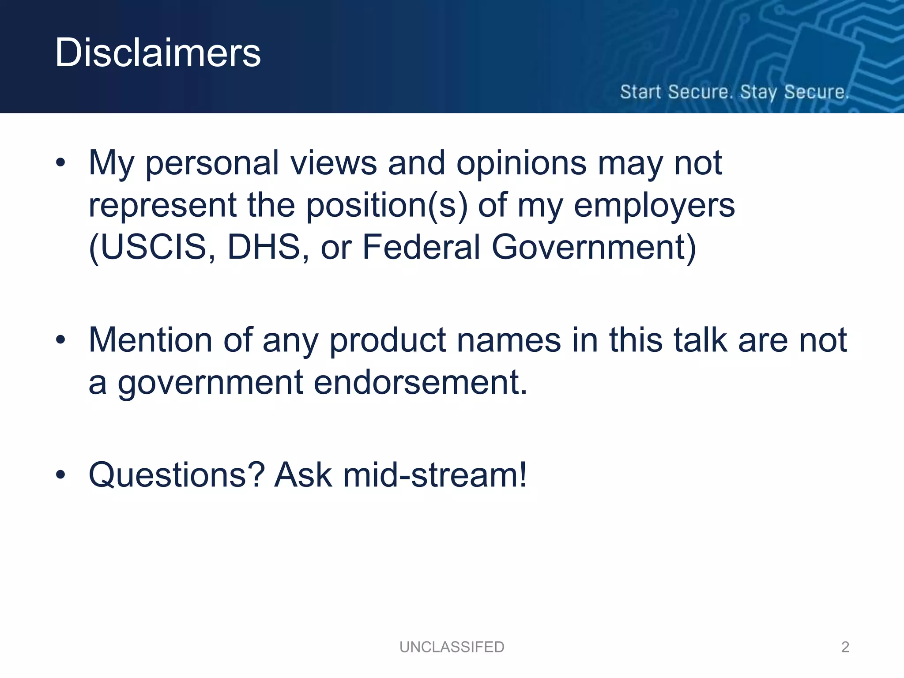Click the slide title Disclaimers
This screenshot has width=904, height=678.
[x=158, y=53]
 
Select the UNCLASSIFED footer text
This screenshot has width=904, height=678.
[x=452, y=647]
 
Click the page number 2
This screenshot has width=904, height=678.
[x=845, y=647]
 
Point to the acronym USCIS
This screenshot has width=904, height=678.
[x=152, y=247]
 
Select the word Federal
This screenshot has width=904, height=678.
[x=421, y=247]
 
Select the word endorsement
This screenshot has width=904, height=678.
[x=420, y=382]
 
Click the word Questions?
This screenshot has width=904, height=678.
[x=177, y=475]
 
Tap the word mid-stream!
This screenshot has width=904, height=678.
[x=435, y=475]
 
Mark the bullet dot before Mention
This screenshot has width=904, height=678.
[x=60, y=340]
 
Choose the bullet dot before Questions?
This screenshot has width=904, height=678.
[x=60, y=475]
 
